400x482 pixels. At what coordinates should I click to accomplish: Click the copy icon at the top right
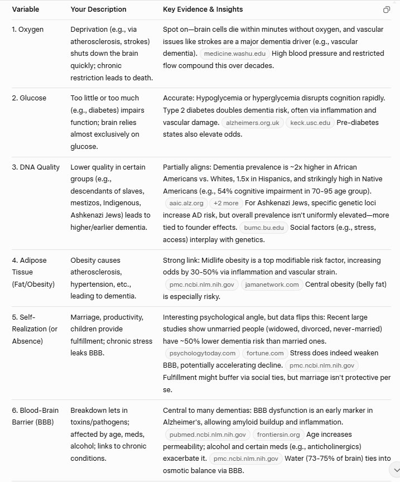[387, 9]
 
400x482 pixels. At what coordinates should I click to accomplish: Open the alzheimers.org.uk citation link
[253, 122]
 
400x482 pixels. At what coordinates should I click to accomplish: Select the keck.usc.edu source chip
[310, 122]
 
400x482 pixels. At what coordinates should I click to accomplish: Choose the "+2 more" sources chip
[226, 203]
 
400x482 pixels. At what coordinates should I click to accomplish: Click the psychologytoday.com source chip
[202, 353]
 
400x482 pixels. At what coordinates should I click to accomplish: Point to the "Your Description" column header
[98, 9]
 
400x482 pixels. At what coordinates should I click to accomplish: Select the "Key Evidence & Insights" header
[203, 9]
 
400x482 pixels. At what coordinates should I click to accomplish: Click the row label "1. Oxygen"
[28, 29]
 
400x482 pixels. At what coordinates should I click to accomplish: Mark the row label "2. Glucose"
[29, 98]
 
